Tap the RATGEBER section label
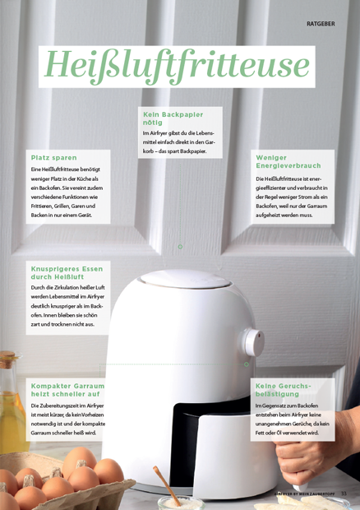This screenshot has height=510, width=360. [x=321, y=24]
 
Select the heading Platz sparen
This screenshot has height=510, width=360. [x=54, y=158]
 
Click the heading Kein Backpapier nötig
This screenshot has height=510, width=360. [x=173, y=118]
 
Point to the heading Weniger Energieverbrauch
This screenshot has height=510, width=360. [x=288, y=162]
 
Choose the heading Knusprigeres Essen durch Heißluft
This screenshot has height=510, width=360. [x=67, y=273]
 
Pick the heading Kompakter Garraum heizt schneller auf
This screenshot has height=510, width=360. [x=67, y=390]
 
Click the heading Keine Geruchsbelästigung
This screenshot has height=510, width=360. [x=283, y=390]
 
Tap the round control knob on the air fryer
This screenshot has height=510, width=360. [x=253, y=342]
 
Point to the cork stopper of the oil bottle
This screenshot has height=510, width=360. [x=7, y=359]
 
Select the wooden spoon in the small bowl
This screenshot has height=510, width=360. [x=167, y=485]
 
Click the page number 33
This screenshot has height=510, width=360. [x=344, y=494]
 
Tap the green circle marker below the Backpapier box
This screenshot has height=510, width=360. [x=180, y=247]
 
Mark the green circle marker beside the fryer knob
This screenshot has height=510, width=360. [x=247, y=364]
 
